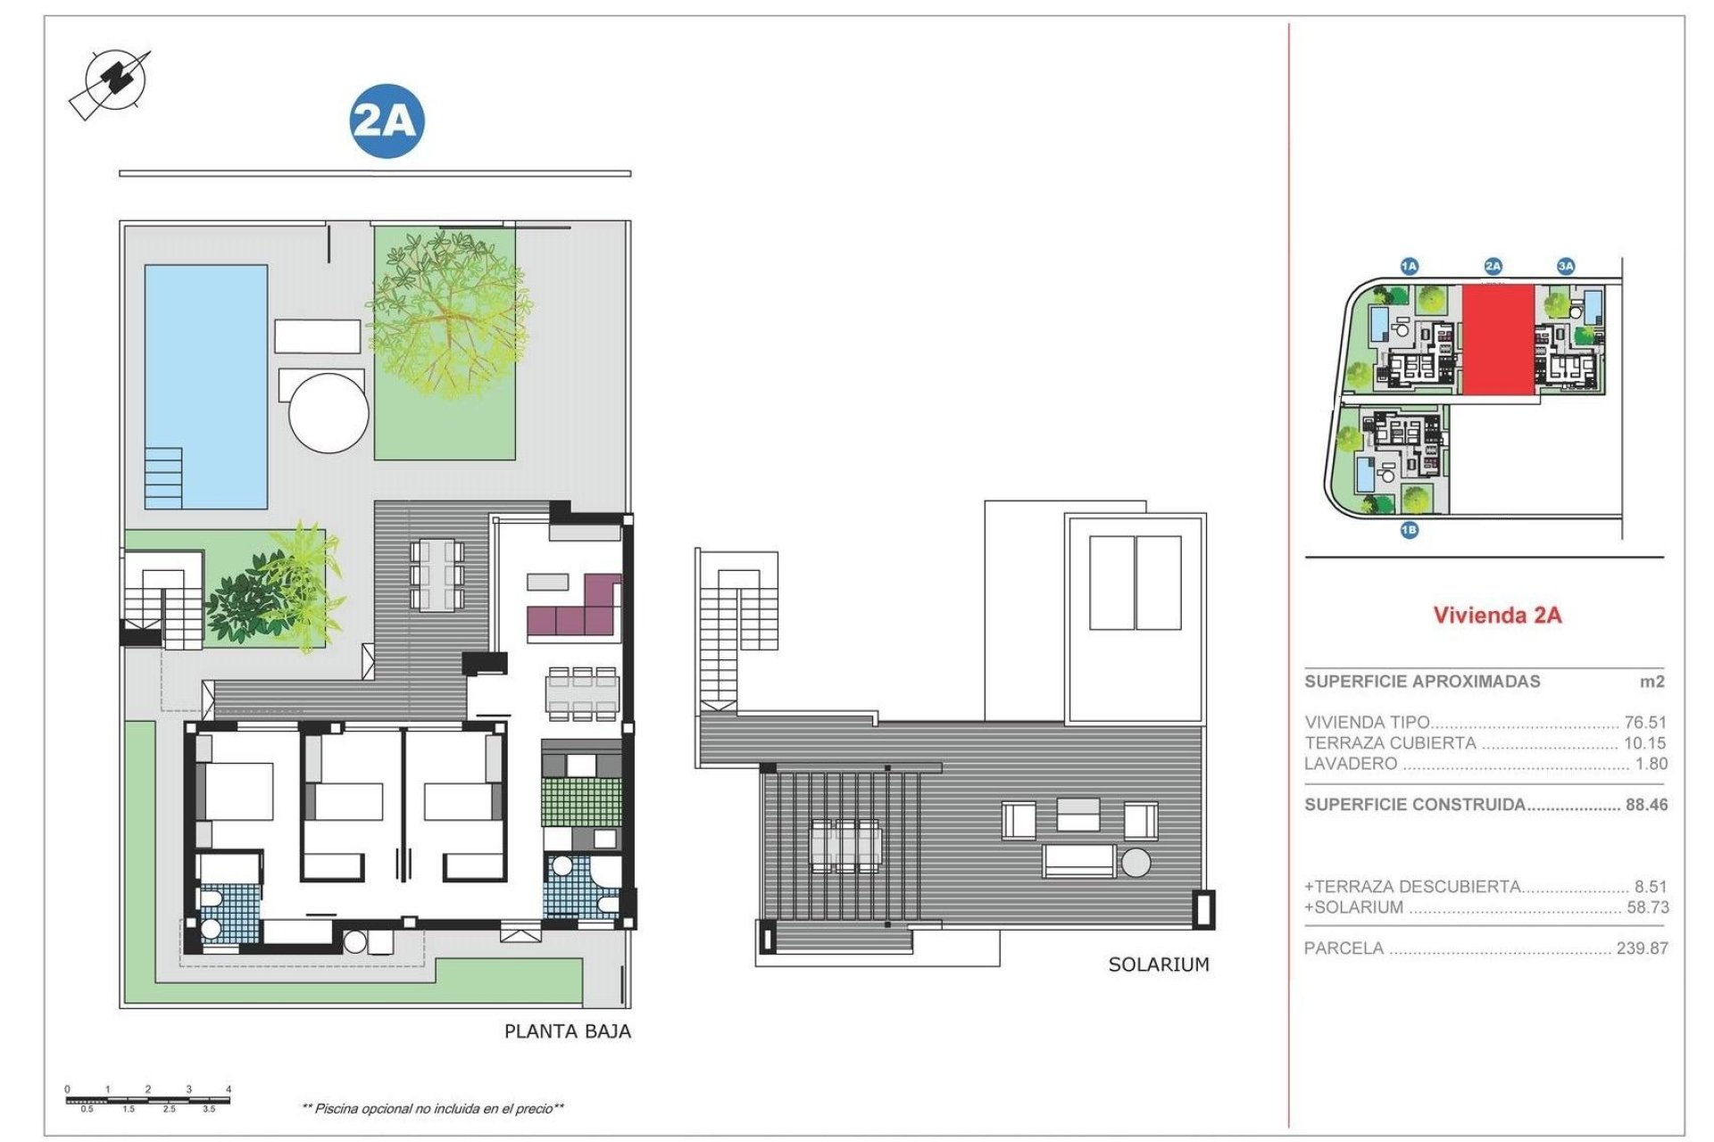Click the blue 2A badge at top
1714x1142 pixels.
coord(386,121)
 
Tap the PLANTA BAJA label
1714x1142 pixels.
coord(567,1031)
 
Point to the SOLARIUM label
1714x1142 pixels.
coord(1158,964)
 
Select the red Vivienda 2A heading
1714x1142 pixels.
coord(1497,615)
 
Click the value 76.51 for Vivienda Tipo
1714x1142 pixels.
coord(1644,723)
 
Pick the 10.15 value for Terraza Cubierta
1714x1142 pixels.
coord(1644,743)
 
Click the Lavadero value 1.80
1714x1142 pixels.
coord(1651,764)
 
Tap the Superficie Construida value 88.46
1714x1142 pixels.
coord(1646,805)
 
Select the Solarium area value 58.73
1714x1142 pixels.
coord(1644,907)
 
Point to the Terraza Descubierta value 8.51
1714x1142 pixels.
coord(1650,887)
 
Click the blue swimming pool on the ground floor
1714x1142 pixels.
coord(206,385)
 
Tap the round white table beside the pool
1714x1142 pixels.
coord(329,413)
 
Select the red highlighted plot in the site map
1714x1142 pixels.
coord(1497,340)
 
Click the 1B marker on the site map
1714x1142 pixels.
coord(1409,531)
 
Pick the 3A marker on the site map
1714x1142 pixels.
coord(1565,266)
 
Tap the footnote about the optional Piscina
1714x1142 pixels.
coord(433,1109)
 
